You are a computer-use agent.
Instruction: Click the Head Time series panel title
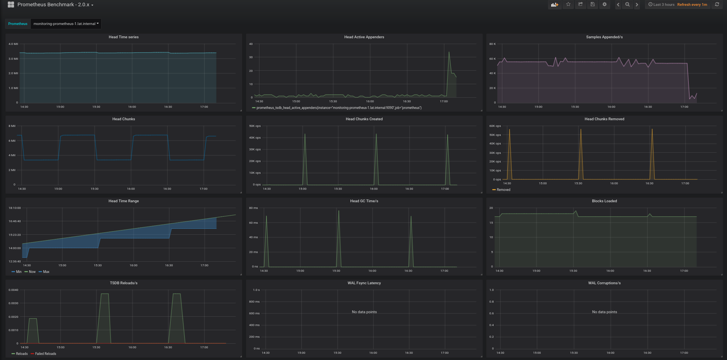[x=123, y=37]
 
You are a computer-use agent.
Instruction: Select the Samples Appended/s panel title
[x=604, y=37]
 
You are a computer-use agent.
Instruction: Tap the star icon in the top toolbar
[x=568, y=4]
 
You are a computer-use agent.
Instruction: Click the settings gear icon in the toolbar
[x=604, y=4]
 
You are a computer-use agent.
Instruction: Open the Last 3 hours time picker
[x=661, y=5]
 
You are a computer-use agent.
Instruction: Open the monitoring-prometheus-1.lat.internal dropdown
[x=66, y=24]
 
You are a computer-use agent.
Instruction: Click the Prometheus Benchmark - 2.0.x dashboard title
[x=54, y=5]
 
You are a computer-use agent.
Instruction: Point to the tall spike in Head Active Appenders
[x=449, y=53]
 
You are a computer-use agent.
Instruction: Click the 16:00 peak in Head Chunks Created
[x=376, y=135]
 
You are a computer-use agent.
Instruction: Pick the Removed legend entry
[x=503, y=190]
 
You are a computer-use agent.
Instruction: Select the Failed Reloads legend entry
[x=45, y=354]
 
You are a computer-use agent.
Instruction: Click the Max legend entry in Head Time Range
[x=46, y=272]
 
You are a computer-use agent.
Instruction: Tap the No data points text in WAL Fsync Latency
[x=364, y=312]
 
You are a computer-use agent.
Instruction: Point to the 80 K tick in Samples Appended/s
[x=492, y=44]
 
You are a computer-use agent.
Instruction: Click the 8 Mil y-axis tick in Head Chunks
[x=12, y=126]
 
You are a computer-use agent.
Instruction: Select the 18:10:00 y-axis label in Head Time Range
[x=15, y=208]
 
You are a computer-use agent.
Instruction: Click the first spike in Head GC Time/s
[x=266, y=217]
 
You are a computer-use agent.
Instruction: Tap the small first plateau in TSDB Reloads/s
[x=33, y=319]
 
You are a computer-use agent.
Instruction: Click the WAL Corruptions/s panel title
[x=604, y=283]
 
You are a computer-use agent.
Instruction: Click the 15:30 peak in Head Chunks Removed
[x=581, y=130]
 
